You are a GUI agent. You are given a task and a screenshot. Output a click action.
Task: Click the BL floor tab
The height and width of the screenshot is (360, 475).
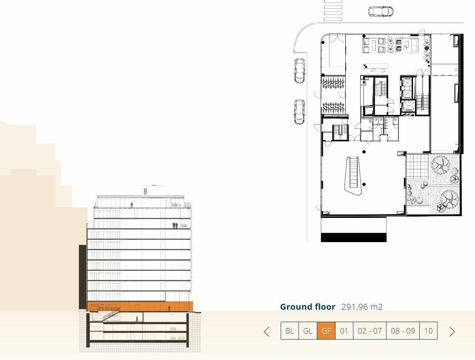(290, 331)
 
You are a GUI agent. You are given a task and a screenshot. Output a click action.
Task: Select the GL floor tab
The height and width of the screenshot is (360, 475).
(308, 331)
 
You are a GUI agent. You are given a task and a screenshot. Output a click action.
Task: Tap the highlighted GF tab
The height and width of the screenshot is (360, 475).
(326, 331)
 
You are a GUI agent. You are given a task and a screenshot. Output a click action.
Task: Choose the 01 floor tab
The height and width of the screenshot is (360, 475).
(344, 331)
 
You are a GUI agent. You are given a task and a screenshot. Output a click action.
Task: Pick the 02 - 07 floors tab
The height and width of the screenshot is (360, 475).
(370, 331)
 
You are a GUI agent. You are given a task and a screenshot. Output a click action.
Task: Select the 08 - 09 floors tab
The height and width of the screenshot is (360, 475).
(403, 331)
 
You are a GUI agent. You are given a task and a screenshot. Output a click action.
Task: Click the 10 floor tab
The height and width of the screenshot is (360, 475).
(428, 331)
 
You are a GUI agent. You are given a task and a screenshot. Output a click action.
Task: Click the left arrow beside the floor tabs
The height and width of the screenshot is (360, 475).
(267, 331)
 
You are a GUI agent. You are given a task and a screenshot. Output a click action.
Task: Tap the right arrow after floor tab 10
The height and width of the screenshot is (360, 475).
(452, 331)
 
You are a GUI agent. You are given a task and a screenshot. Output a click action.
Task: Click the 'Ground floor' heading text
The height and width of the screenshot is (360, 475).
(307, 307)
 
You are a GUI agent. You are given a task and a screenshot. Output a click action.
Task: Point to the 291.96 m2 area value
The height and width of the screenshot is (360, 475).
(362, 307)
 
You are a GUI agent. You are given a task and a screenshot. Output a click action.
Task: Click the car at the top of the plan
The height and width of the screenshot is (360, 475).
(381, 11)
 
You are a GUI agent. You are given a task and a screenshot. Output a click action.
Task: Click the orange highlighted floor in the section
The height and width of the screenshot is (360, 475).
(128, 306)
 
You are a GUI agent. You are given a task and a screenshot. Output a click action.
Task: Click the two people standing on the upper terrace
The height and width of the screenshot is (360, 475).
(174, 225)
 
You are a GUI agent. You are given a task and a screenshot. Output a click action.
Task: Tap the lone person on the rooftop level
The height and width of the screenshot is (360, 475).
(132, 205)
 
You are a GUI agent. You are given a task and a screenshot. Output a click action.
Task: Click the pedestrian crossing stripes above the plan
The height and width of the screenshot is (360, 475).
(333, 10)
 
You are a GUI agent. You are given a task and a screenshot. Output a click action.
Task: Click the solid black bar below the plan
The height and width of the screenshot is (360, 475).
(353, 237)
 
